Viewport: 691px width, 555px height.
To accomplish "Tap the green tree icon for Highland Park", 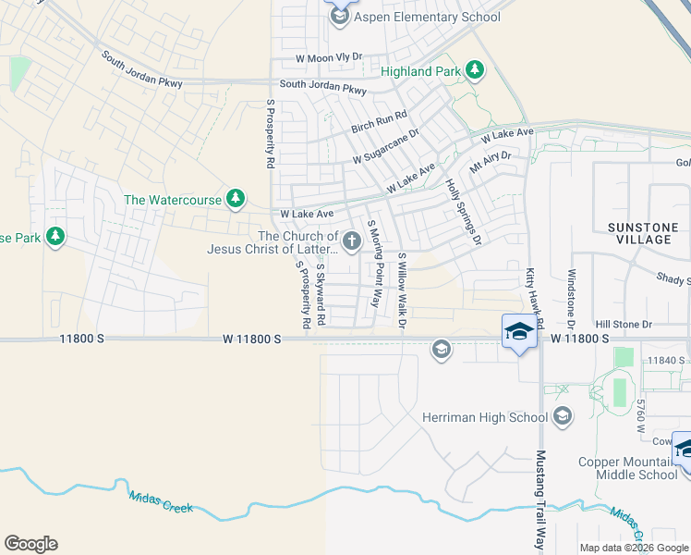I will click(475, 71).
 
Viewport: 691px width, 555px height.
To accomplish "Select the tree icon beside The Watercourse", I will click(236, 199).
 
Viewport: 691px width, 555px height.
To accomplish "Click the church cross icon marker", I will click(351, 242).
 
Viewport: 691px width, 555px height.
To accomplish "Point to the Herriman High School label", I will click(484, 417).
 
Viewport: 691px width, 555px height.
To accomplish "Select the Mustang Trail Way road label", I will click(540, 499).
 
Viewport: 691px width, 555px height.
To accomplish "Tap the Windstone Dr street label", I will click(572, 298).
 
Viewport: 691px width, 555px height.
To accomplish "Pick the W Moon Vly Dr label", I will click(329, 57).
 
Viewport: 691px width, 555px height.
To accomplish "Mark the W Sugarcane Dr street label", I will click(385, 146).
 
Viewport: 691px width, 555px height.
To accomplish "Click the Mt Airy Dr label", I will click(490, 164).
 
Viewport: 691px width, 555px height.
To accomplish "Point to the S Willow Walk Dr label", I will click(402, 290).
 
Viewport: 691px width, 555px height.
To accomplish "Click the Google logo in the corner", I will click(30, 544).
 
